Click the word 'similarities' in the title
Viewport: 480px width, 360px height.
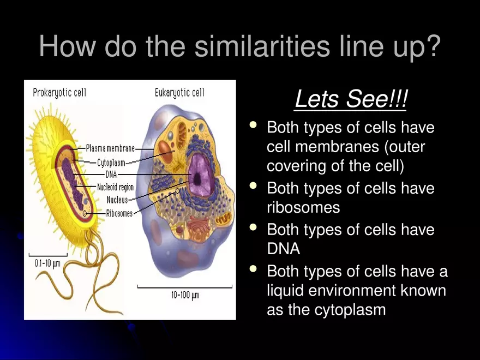(x=261, y=47)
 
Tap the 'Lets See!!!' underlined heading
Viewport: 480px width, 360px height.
(x=351, y=100)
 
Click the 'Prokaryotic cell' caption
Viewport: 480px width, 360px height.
(x=59, y=92)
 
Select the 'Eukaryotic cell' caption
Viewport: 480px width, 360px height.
(x=179, y=92)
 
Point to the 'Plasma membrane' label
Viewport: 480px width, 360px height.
(x=110, y=148)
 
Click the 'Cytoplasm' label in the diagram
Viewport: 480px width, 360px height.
(x=111, y=162)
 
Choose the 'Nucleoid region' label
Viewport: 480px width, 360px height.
(x=115, y=187)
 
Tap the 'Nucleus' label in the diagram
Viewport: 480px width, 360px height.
(x=117, y=200)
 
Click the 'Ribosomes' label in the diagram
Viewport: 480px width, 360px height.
(x=119, y=213)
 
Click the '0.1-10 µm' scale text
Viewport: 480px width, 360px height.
(x=47, y=263)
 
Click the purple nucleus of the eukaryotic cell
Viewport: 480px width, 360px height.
(x=201, y=175)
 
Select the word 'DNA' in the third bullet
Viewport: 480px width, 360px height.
(x=283, y=249)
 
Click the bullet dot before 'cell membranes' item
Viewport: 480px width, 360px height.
(x=252, y=127)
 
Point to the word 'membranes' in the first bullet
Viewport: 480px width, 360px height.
(x=349, y=147)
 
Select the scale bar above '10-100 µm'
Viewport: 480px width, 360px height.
(x=185, y=286)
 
